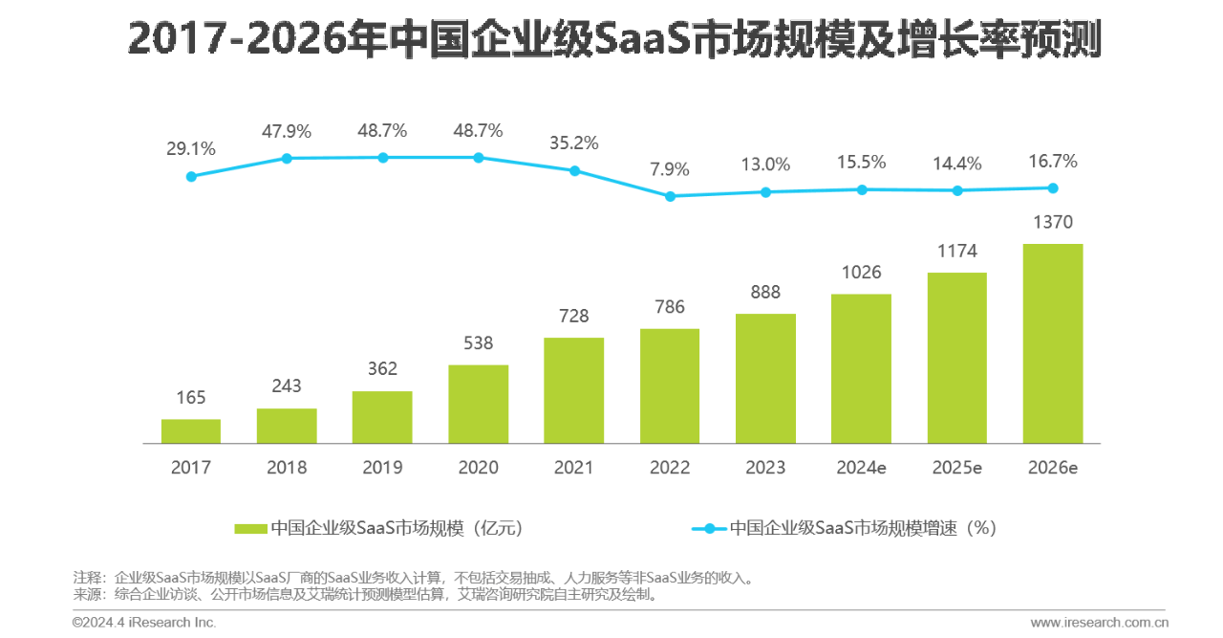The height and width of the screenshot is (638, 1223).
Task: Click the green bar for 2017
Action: (191, 431)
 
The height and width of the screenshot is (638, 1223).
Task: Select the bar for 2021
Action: (573, 390)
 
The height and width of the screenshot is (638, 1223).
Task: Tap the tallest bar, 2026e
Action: (1053, 343)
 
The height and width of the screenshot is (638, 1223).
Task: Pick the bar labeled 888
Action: (765, 379)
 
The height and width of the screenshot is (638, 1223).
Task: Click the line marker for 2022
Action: (670, 196)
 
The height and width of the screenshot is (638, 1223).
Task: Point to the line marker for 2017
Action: (191, 176)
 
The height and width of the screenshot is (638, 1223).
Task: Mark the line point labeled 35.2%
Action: (574, 170)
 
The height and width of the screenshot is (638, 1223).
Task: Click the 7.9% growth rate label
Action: (670, 169)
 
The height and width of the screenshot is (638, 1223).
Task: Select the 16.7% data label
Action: (1053, 161)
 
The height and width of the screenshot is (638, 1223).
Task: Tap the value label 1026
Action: (861, 272)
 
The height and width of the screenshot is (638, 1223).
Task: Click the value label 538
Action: (478, 342)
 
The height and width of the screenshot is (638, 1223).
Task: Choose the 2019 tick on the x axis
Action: (382, 468)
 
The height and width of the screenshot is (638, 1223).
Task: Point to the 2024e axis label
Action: (861, 468)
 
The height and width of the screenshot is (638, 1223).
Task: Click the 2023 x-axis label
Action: (765, 468)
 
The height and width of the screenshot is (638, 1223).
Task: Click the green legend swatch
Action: (250, 528)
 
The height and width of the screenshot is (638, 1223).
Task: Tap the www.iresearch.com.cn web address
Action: (1100, 623)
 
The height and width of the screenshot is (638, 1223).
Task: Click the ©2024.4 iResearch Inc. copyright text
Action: (144, 623)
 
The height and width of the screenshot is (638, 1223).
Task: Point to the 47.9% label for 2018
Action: (287, 131)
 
